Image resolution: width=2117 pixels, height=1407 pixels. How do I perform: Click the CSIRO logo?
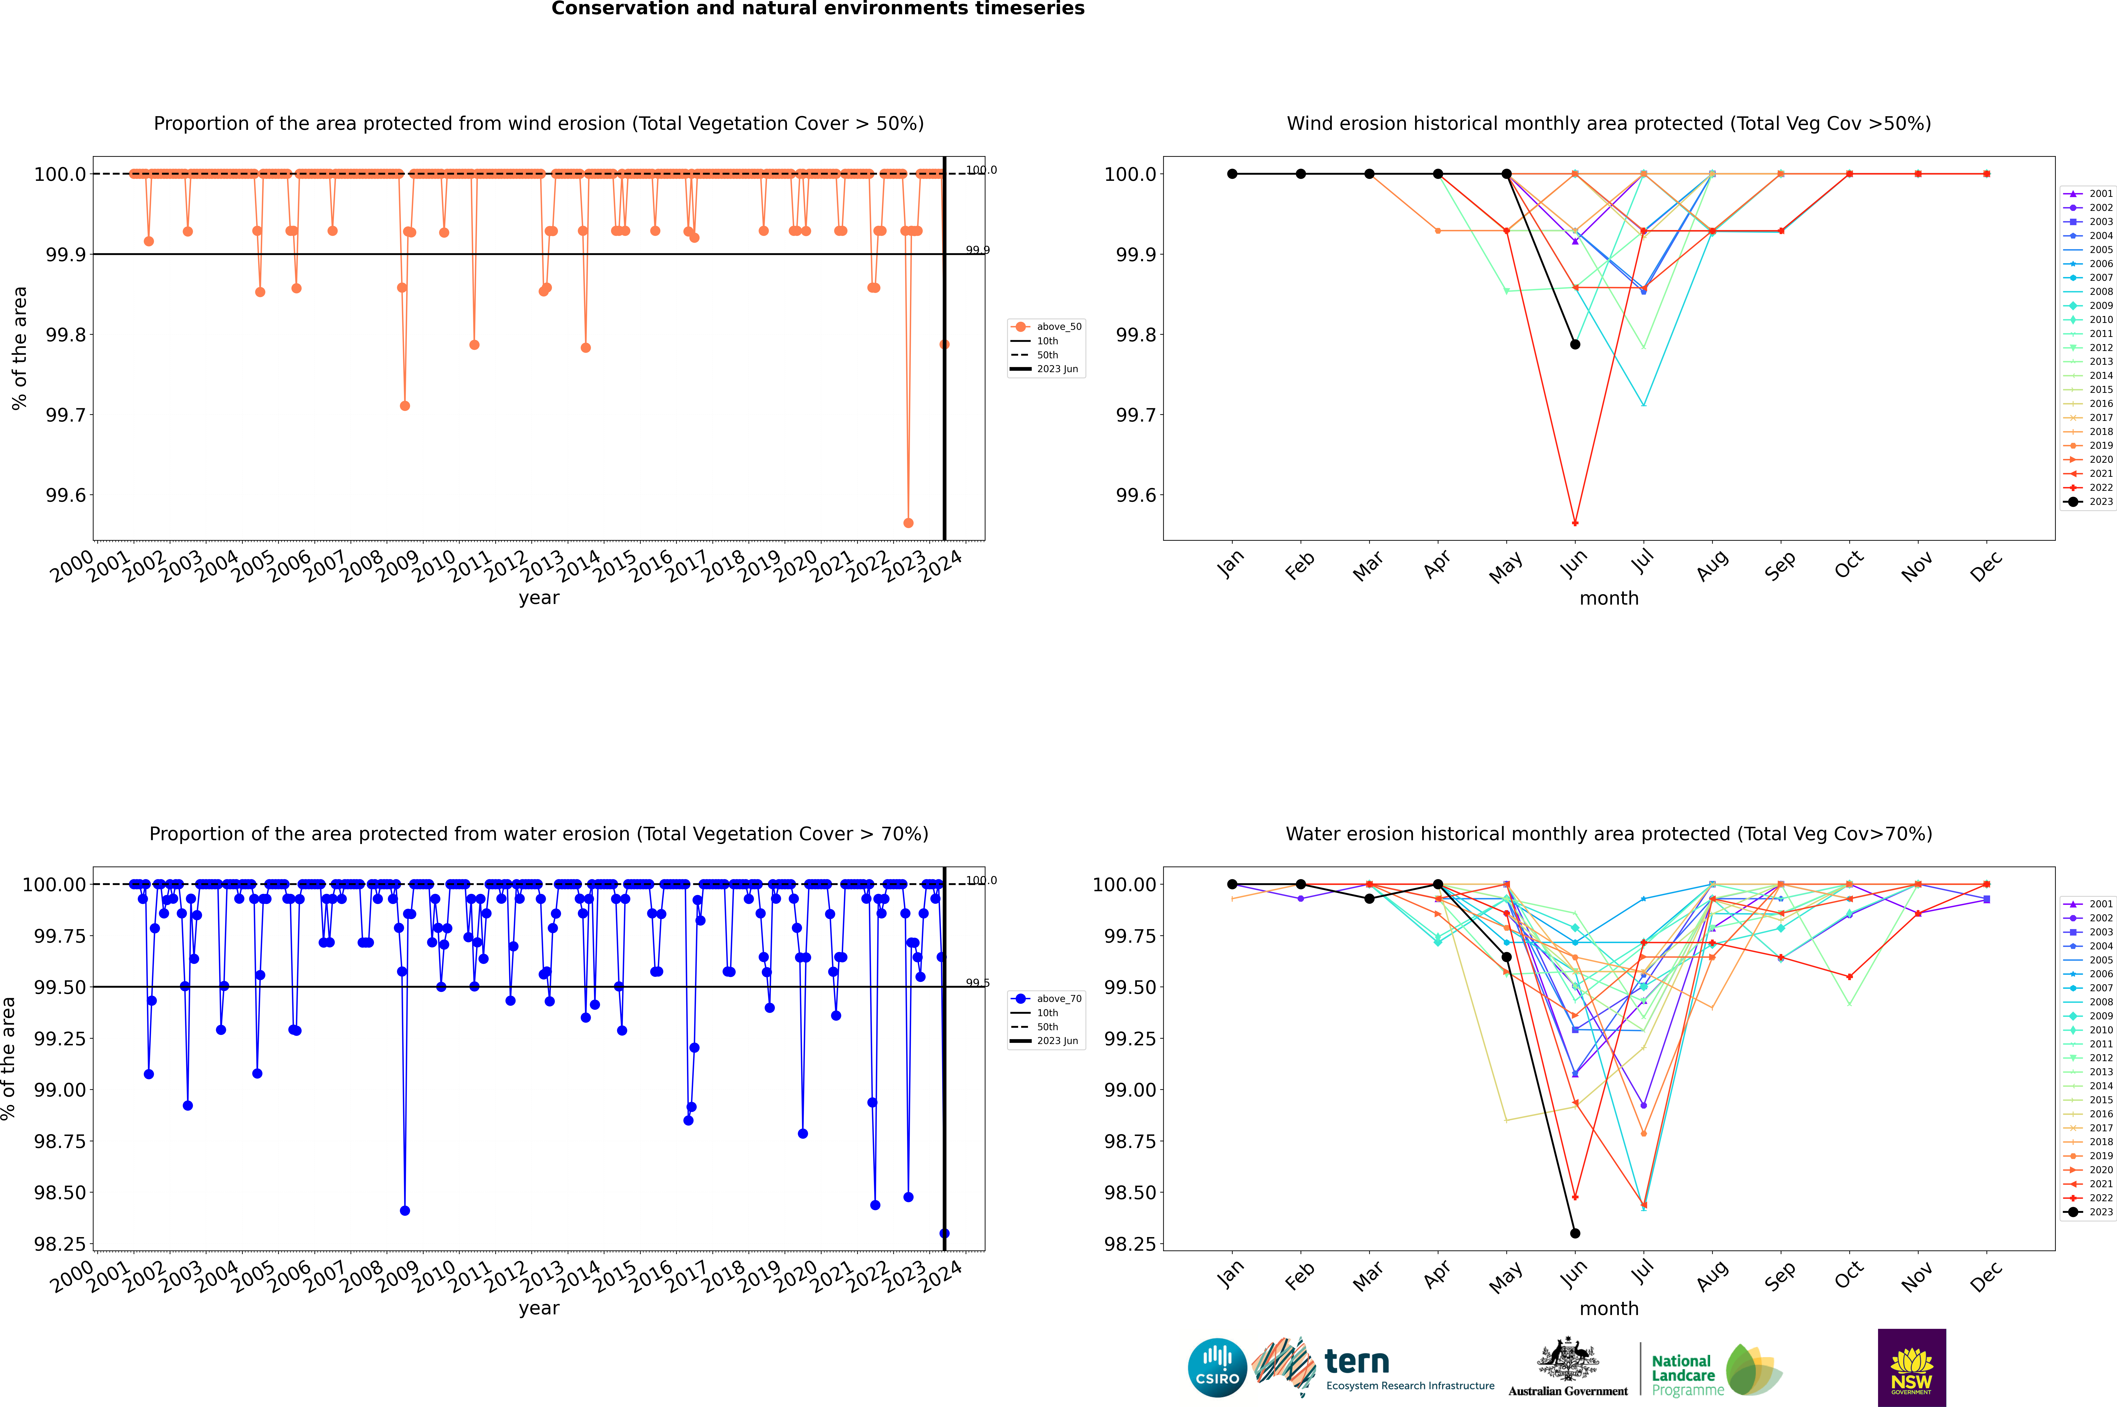(x=1217, y=1368)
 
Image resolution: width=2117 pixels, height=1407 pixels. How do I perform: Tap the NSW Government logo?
(x=1911, y=1368)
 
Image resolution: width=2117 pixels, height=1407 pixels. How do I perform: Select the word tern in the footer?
(x=1357, y=1362)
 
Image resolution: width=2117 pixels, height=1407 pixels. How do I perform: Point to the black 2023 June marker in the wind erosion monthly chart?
(x=1575, y=345)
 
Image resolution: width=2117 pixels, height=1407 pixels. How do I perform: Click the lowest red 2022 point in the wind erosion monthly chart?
(x=1575, y=523)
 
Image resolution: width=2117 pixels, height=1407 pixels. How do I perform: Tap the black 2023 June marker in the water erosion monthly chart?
(x=1575, y=1233)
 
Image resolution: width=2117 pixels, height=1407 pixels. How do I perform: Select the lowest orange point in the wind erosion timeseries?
(x=908, y=523)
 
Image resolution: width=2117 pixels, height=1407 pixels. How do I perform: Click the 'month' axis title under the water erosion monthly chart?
(x=1608, y=1308)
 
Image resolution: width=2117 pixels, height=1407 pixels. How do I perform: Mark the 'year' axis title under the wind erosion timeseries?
(x=538, y=598)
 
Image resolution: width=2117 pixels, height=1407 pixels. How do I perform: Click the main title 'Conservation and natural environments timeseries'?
(x=818, y=9)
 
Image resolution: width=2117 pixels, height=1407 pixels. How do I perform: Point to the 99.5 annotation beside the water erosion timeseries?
(x=977, y=983)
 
